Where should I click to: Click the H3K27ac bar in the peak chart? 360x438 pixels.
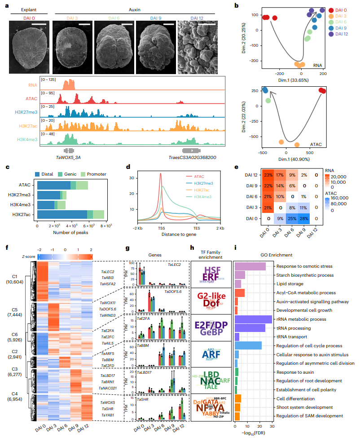pos(70,214)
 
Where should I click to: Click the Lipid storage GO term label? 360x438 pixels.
pos(290,284)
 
